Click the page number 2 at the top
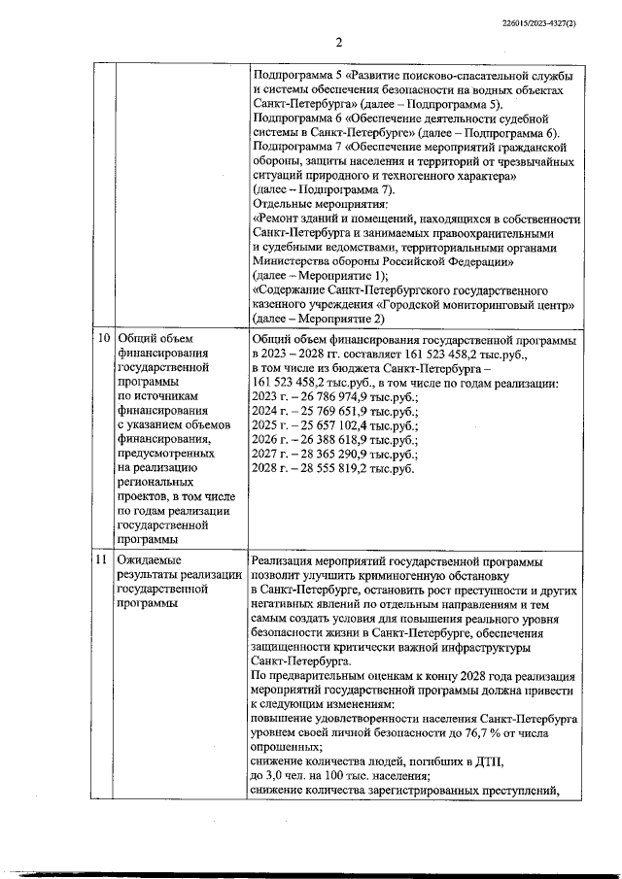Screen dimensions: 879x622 tap(339, 41)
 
